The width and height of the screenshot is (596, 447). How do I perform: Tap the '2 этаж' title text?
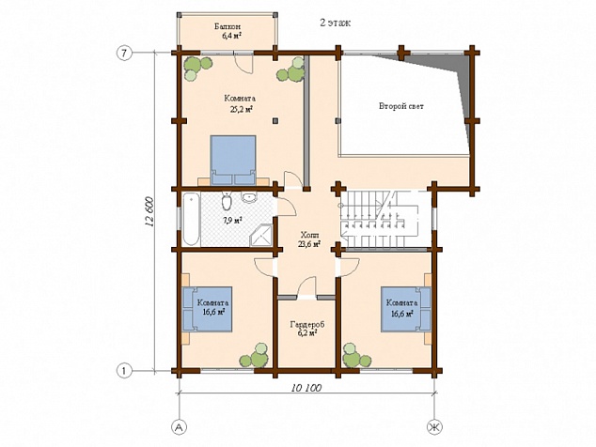click(336, 23)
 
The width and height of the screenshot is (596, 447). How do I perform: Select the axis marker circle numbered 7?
click(124, 54)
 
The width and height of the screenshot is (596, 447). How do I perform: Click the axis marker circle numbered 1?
click(124, 370)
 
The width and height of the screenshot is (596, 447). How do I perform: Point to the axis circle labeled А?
click(179, 427)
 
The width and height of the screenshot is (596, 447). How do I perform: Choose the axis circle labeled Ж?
click(434, 427)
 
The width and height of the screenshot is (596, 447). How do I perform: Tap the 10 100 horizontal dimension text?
click(306, 388)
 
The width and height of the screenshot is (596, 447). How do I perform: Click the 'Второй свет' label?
click(401, 106)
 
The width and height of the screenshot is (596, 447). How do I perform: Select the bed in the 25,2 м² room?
click(233, 160)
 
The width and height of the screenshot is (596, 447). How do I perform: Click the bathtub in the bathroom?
click(191, 219)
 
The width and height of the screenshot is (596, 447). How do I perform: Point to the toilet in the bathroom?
click(227, 201)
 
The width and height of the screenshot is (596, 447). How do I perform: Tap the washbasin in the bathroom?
click(249, 197)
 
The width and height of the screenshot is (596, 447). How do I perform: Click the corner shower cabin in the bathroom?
click(261, 235)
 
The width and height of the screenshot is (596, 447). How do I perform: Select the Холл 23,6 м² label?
click(309, 239)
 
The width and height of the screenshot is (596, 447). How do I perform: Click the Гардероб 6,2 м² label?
click(307, 329)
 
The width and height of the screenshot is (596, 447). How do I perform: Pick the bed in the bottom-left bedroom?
click(208, 309)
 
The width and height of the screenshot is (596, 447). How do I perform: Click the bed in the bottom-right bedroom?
click(406, 309)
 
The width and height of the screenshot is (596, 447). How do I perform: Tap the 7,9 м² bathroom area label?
click(232, 220)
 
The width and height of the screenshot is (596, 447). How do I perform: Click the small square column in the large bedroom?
click(274, 121)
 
